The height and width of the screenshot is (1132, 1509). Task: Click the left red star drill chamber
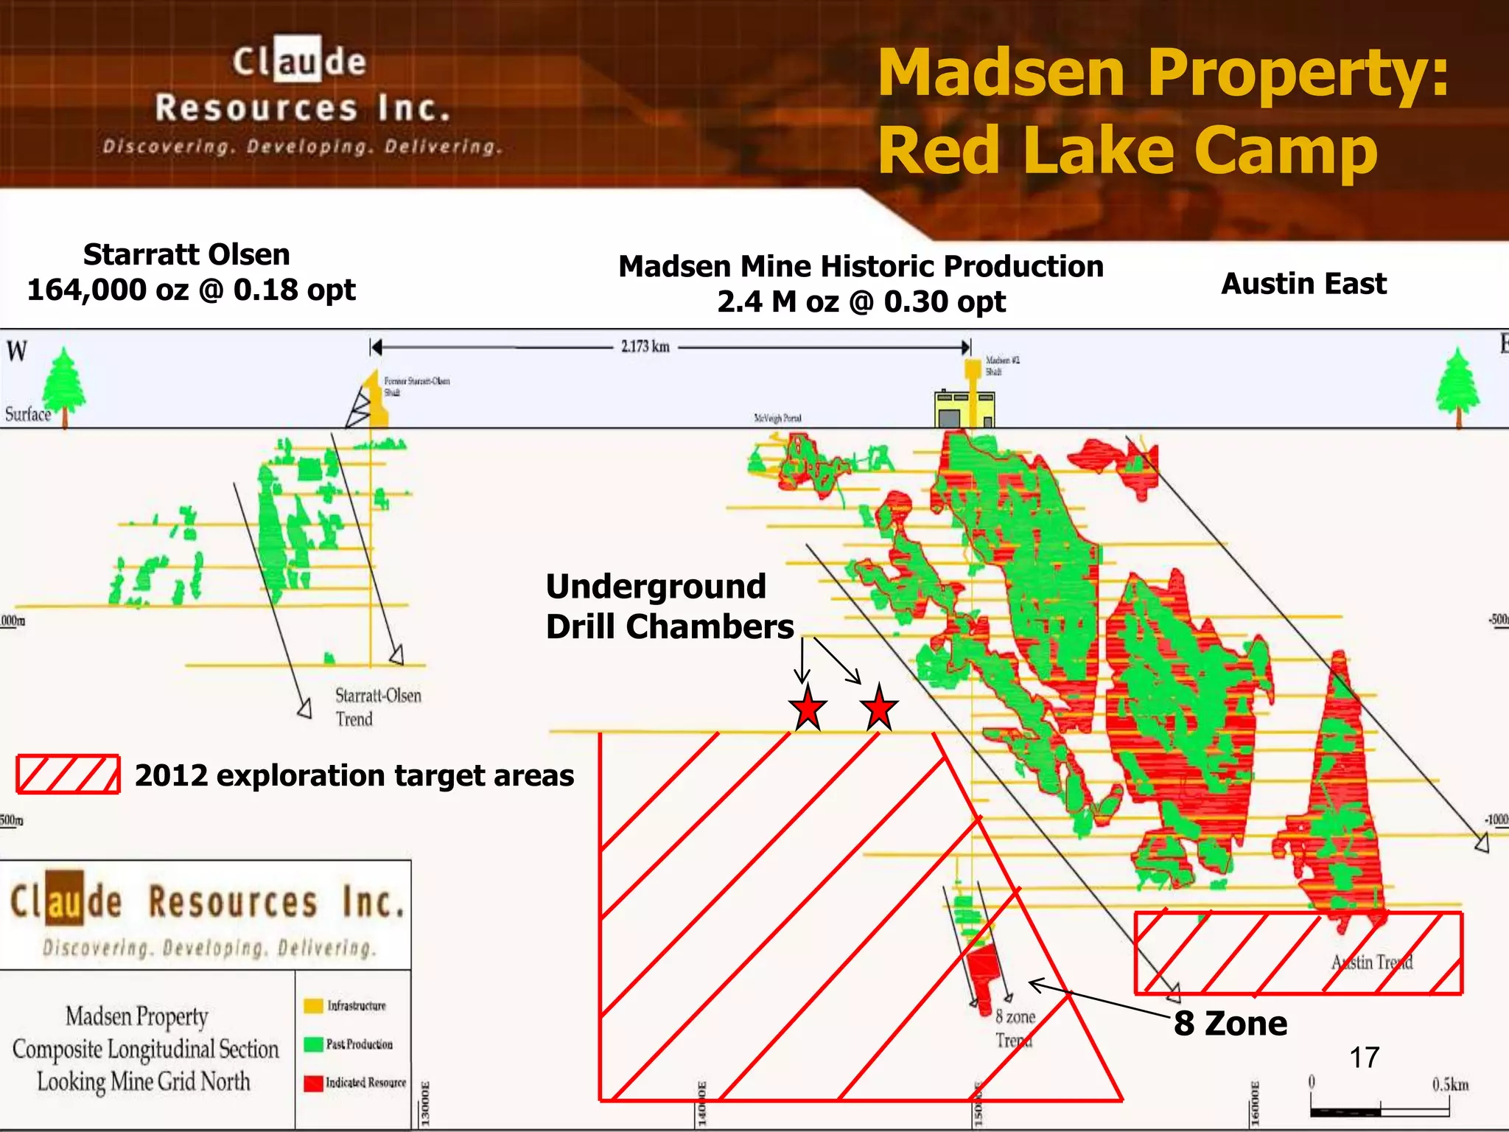(x=808, y=708)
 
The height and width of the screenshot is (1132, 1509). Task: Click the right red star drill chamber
(x=879, y=709)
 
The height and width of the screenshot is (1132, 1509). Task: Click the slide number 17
(x=1364, y=1058)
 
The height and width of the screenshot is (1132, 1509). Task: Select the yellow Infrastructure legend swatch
(x=313, y=1006)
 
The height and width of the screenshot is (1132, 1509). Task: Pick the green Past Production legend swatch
(x=313, y=1044)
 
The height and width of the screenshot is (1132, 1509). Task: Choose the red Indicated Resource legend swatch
(x=313, y=1083)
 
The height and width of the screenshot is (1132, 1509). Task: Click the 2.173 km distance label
(x=645, y=346)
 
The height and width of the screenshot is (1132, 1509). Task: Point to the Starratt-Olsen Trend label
(x=378, y=707)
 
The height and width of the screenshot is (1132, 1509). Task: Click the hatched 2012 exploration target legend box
(x=68, y=775)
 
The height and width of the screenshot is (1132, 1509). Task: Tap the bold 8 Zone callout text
(x=1230, y=1024)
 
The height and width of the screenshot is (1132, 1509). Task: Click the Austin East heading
(x=1303, y=284)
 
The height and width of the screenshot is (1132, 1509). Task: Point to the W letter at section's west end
(x=17, y=351)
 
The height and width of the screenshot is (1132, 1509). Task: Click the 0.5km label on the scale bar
(x=1450, y=1085)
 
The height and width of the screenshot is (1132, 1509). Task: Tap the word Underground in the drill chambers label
(x=656, y=587)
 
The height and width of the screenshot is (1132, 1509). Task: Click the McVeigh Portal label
(x=777, y=418)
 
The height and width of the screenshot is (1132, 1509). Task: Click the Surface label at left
(x=28, y=414)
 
